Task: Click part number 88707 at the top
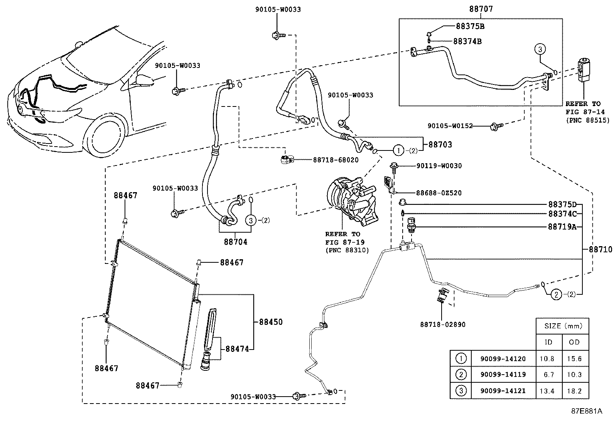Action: [481, 8]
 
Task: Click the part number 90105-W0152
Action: [450, 126]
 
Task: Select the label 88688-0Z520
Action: [439, 193]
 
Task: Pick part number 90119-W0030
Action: [439, 166]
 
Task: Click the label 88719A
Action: [562, 227]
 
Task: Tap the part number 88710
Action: [600, 250]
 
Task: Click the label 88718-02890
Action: [443, 324]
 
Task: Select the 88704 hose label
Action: [235, 242]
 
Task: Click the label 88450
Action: [271, 322]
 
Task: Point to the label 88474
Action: [237, 349]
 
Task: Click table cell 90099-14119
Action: [503, 375]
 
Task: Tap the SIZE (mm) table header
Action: [563, 326]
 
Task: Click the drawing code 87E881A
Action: [586, 411]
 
